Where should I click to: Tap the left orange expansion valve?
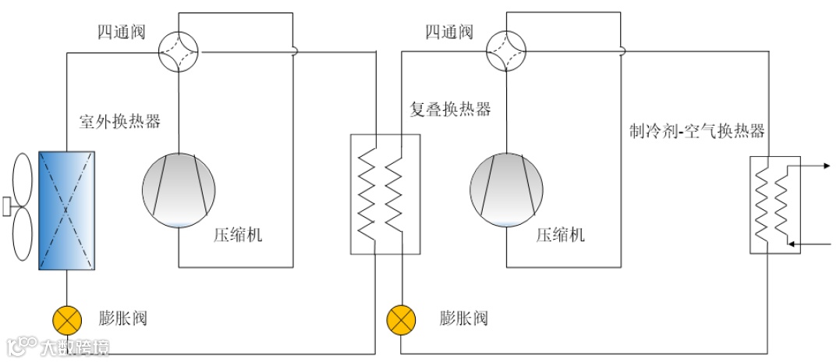(x=66, y=319)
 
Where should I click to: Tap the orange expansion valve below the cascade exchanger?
(x=401, y=319)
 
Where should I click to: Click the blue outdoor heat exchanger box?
(x=67, y=211)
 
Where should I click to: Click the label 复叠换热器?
(x=451, y=109)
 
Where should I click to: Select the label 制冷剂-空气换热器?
(x=697, y=130)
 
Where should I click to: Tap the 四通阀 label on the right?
(x=448, y=32)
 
